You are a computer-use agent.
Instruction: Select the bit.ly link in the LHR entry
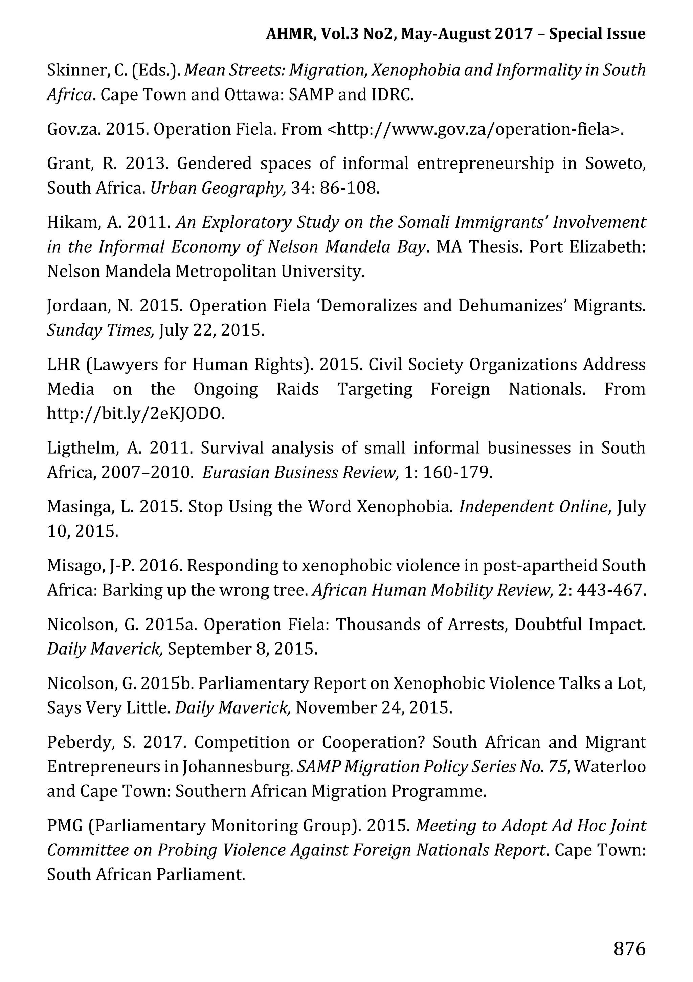tap(136, 413)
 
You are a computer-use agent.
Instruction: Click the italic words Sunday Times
tap(100, 330)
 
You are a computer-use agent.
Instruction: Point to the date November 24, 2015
tap(374, 707)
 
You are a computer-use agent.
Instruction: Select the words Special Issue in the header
tap(597, 34)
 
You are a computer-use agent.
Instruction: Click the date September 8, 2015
tap(242, 649)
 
